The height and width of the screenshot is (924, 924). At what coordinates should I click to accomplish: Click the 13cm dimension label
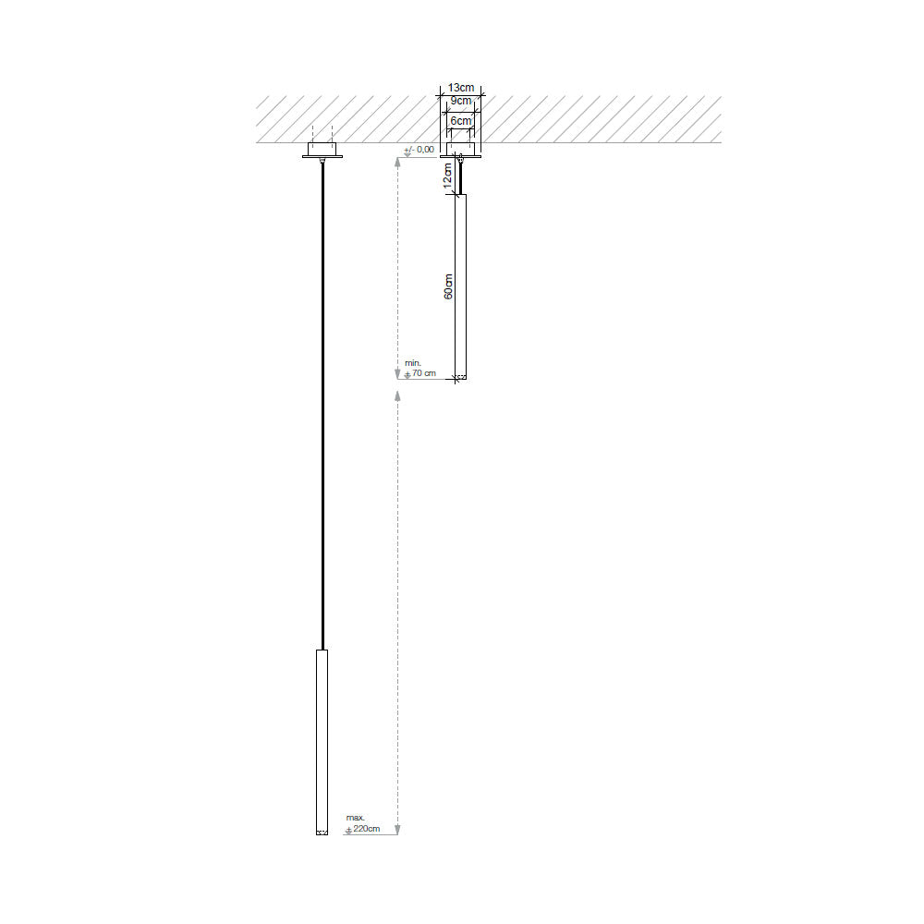[461, 87]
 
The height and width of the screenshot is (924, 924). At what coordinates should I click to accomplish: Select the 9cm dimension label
[461, 100]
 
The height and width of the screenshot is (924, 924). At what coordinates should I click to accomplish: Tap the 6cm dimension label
[461, 121]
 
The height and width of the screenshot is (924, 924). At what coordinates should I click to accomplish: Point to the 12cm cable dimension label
[448, 176]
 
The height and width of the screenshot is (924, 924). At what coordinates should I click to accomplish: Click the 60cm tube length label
[448, 286]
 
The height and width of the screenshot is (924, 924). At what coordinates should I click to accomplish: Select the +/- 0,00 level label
[419, 149]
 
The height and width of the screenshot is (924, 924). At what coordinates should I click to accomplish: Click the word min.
[412, 363]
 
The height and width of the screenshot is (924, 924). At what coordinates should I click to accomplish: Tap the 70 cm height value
[423, 373]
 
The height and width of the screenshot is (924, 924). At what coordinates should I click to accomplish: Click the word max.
[355, 819]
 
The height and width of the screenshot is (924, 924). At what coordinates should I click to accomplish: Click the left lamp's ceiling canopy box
[322, 151]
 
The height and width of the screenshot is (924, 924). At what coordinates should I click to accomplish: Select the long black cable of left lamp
[322, 407]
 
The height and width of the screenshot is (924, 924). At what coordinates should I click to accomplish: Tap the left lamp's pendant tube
[322, 739]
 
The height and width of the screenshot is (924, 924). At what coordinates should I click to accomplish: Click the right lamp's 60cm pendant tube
[461, 286]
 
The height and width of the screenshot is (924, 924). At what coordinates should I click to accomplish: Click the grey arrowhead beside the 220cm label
[397, 827]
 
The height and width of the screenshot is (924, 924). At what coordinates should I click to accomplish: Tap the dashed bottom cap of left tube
[322, 833]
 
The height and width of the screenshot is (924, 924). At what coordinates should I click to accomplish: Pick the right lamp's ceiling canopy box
[461, 149]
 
